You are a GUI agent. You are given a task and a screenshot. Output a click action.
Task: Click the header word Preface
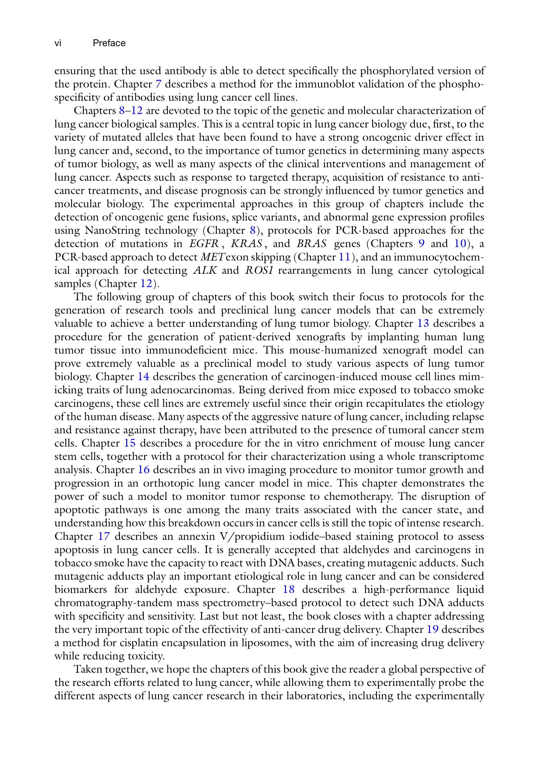click(109, 43)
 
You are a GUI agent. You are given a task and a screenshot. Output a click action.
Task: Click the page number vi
click(58, 43)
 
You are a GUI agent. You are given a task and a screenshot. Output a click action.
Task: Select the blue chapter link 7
click(158, 84)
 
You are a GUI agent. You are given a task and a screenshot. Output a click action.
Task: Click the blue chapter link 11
click(344, 257)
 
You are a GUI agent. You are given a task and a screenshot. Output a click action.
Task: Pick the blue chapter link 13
click(423, 323)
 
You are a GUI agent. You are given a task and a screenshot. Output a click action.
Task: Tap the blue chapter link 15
click(130, 443)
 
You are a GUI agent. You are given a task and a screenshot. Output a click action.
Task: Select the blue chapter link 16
click(143, 470)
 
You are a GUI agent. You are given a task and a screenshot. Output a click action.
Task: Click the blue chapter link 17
click(104, 536)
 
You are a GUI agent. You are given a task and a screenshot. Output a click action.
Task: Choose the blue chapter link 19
click(433, 629)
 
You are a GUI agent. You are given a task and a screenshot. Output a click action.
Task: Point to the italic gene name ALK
click(205, 270)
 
